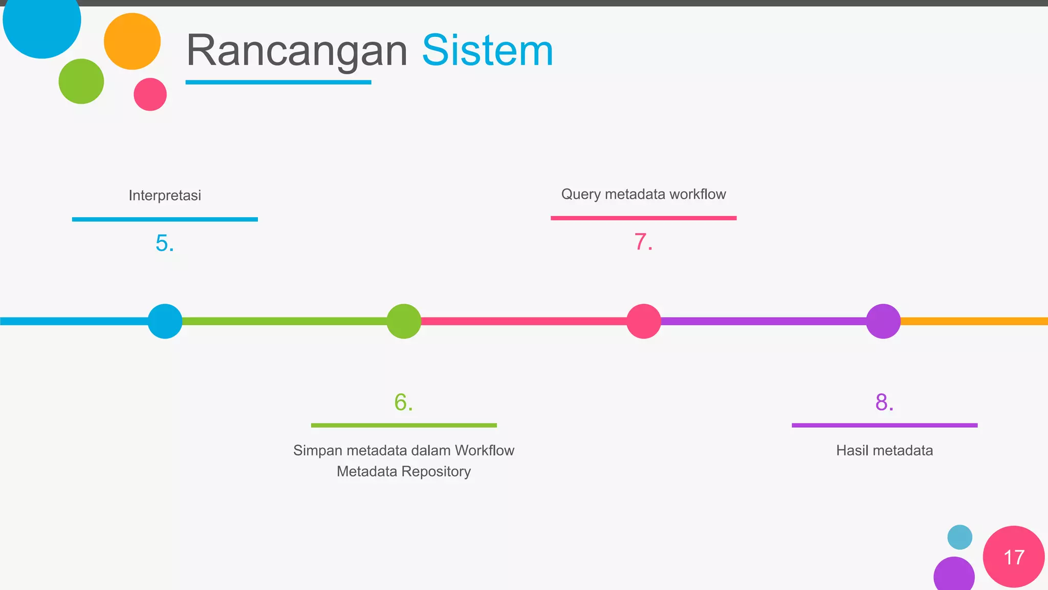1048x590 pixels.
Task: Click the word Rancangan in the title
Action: pos(296,51)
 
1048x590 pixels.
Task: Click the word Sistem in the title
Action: pos(487,51)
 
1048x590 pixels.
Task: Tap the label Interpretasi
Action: pos(165,195)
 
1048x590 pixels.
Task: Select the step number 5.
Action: pos(165,243)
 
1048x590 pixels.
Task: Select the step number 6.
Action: pos(403,402)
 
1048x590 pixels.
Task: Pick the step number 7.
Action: pos(643,242)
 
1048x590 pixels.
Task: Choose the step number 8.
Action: pos(884,402)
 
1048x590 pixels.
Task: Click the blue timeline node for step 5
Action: pos(165,321)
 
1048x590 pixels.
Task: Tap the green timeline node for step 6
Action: pos(404,321)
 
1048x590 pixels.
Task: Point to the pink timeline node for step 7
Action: pos(644,321)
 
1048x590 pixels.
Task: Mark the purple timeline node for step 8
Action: pos(883,321)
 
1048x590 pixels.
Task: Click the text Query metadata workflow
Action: pos(643,194)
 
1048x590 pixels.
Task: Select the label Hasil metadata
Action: pos(884,450)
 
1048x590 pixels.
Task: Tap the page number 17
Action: pos(1014,557)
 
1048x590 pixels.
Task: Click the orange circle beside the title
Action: pos(132,41)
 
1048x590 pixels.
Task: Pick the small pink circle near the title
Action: pos(150,94)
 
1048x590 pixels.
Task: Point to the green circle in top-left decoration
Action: pos(81,81)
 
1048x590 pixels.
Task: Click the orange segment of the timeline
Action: pos(972,321)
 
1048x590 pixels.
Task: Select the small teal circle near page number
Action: pos(959,537)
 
